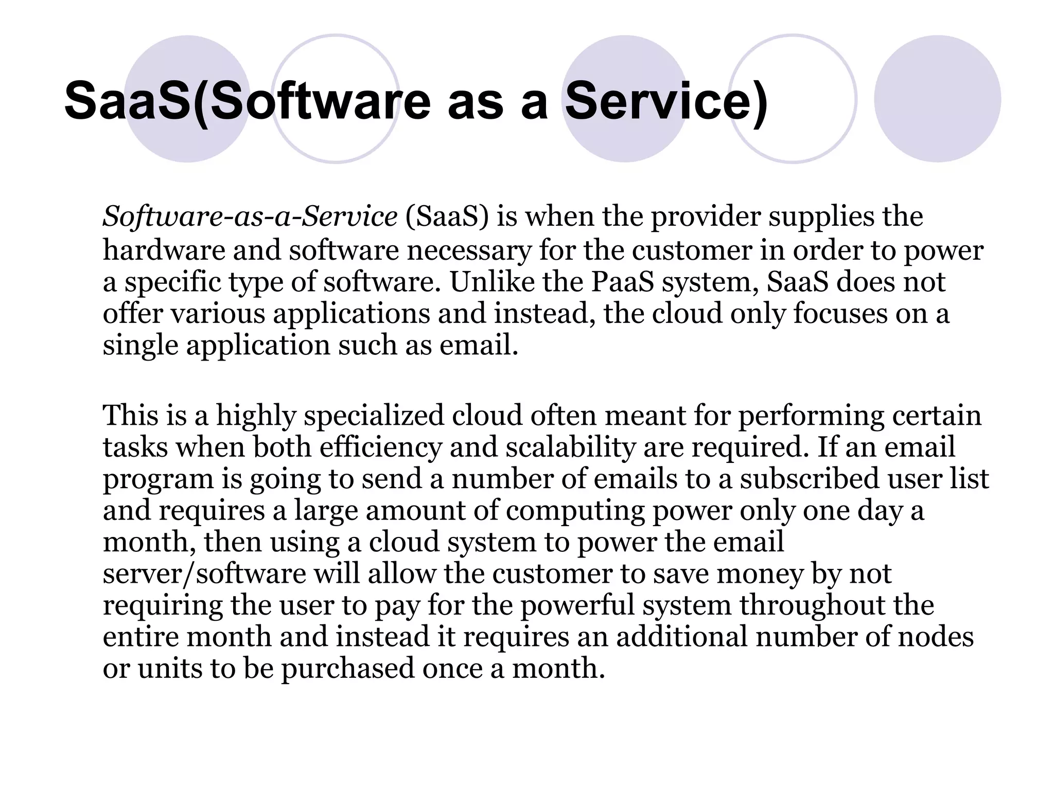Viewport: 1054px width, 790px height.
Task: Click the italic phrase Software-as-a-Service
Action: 250,217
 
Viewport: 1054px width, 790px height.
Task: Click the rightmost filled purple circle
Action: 937,99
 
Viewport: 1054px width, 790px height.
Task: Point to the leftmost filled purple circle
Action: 187,99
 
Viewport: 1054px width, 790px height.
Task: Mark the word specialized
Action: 374,415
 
